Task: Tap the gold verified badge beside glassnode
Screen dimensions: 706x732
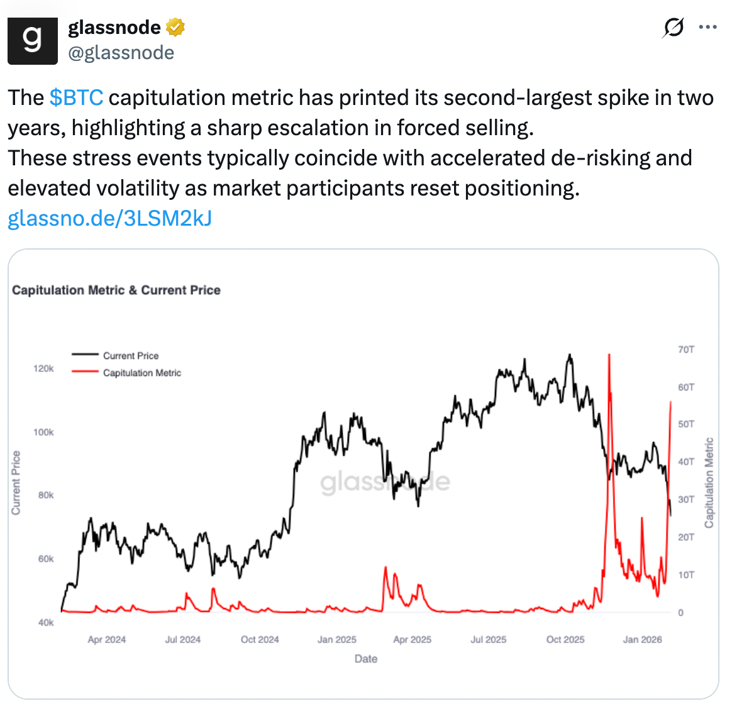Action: [175, 27]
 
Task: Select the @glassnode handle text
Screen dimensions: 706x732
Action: [121, 52]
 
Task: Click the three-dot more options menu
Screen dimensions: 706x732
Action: [708, 27]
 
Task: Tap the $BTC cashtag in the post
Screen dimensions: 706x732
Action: [76, 98]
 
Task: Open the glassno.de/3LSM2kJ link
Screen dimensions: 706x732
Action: [109, 218]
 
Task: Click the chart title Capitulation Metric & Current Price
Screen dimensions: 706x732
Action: [116, 290]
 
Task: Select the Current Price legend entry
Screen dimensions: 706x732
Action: [131, 356]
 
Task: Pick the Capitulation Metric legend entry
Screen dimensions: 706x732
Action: [141, 373]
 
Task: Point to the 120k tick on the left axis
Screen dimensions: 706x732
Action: [43, 368]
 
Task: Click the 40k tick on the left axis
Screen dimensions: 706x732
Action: [46, 622]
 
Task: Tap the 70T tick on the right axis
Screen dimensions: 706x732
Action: [686, 350]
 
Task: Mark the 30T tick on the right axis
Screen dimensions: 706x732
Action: [686, 500]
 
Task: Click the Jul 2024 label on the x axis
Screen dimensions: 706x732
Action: [183, 639]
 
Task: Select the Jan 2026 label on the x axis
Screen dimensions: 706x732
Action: [642, 639]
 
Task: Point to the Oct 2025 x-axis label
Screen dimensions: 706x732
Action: [565, 639]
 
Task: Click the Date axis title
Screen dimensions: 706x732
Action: [366, 659]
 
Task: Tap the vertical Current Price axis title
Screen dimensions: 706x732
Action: [16, 483]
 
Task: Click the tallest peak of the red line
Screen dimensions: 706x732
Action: [609, 355]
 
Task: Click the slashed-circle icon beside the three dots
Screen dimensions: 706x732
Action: [674, 28]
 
